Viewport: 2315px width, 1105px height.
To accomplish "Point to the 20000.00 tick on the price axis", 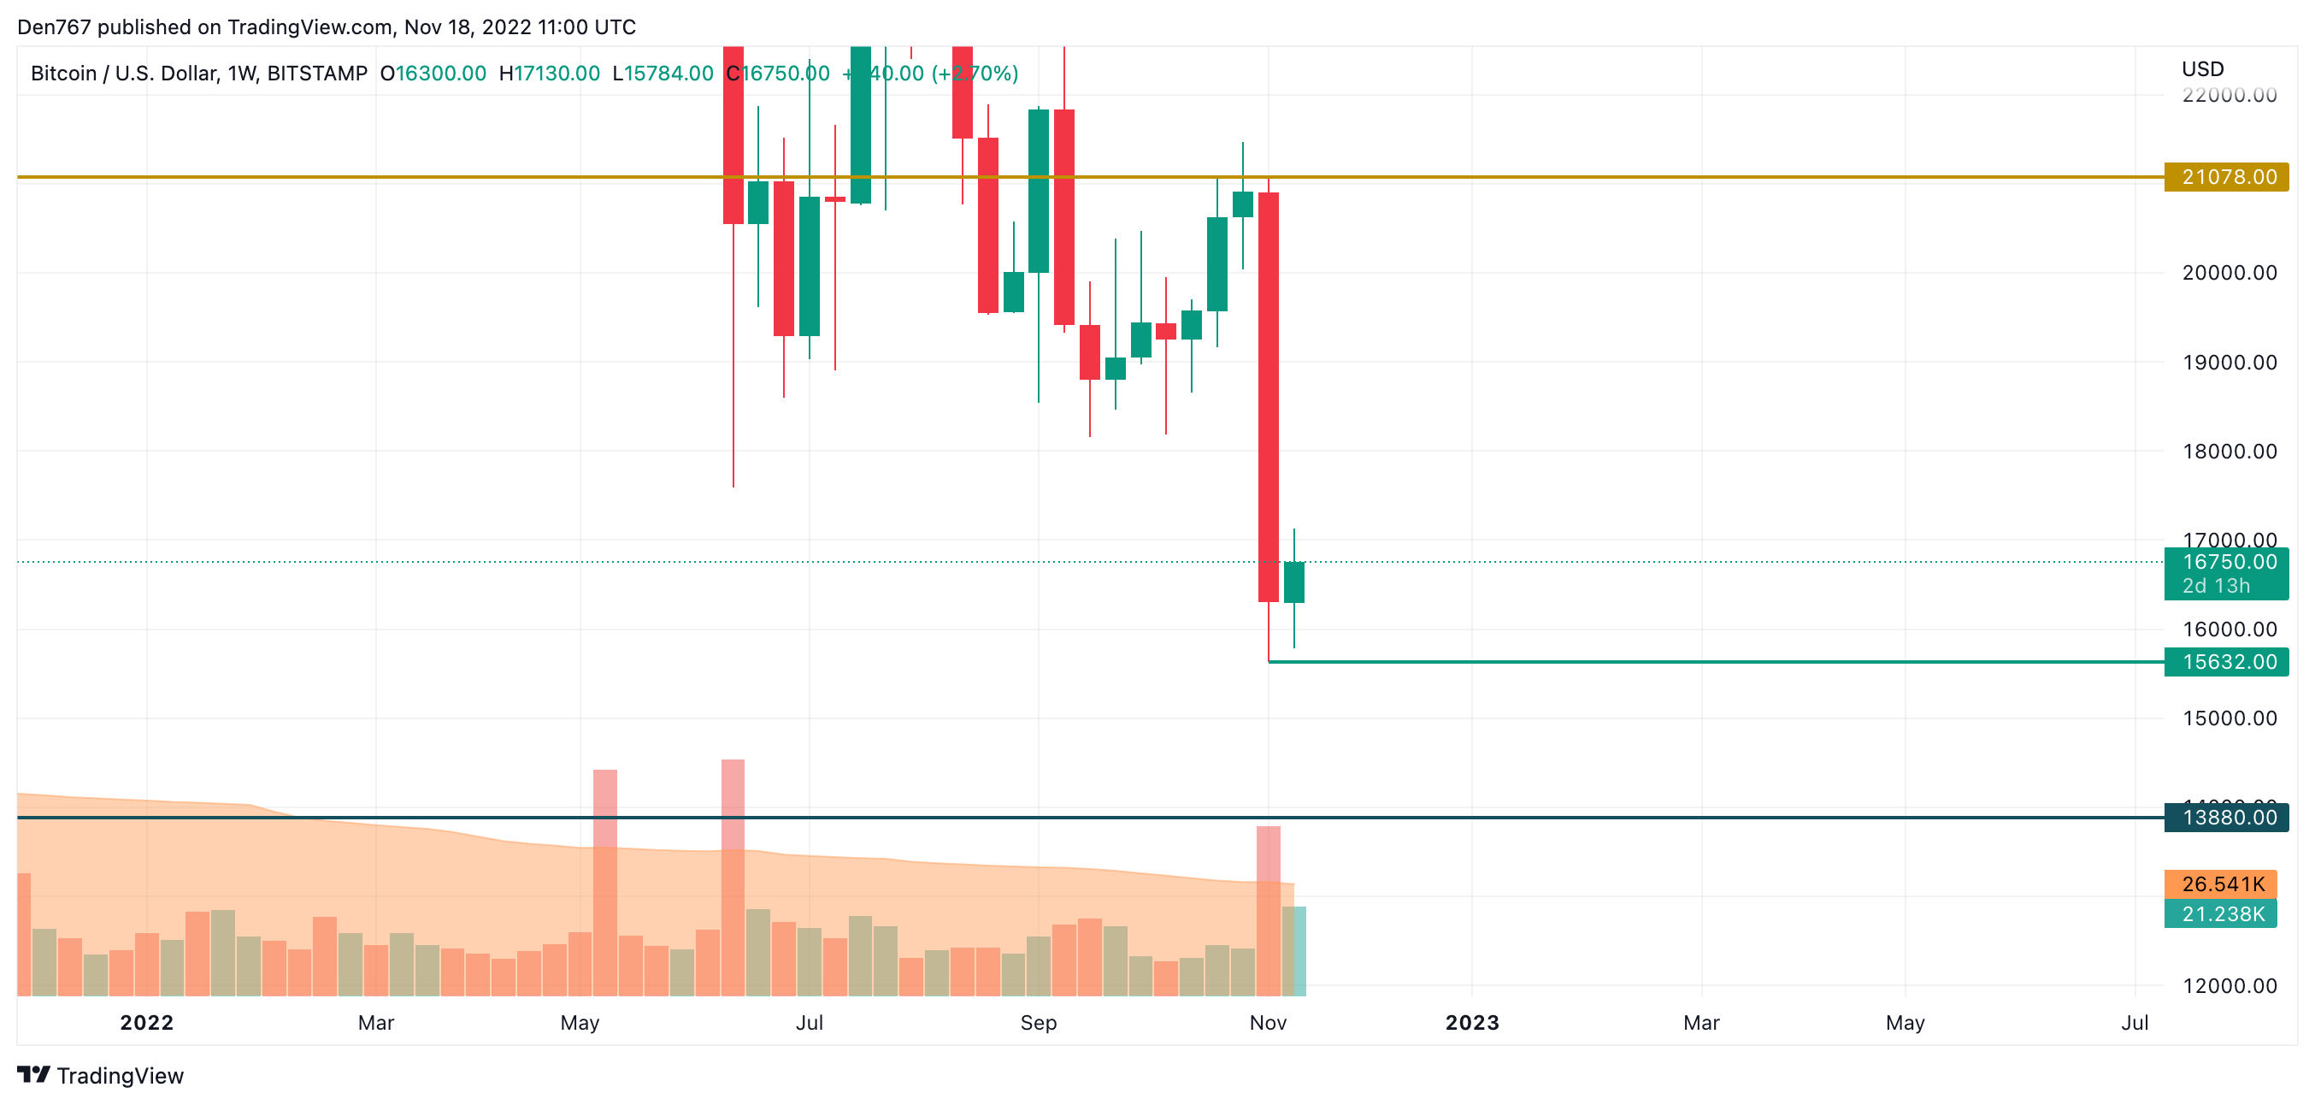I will point(2229,273).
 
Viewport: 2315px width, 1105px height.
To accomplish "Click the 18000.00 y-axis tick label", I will point(2229,452).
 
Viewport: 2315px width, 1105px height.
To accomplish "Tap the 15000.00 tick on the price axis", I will point(2229,718).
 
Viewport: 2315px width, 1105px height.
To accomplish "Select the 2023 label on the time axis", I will point(1471,1022).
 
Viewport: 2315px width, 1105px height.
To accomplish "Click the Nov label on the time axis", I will point(1267,1022).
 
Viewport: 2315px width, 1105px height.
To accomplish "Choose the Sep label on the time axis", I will point(1038,1022).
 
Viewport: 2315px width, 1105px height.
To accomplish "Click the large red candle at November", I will point(1268,396).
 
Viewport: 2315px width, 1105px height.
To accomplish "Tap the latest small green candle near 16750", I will point(1294,582).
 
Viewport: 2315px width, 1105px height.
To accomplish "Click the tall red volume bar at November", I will point(1268,908).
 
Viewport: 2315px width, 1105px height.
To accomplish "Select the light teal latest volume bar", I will point(1294,950).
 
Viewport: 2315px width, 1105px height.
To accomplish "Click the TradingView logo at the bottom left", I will point(101,1075).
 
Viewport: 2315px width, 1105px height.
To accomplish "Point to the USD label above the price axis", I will point(2202,69).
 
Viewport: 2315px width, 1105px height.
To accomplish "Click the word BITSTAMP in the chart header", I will point(316,74).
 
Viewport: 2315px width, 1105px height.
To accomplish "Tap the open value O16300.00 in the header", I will point(433,74).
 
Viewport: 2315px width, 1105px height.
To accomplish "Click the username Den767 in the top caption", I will point(54,27).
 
